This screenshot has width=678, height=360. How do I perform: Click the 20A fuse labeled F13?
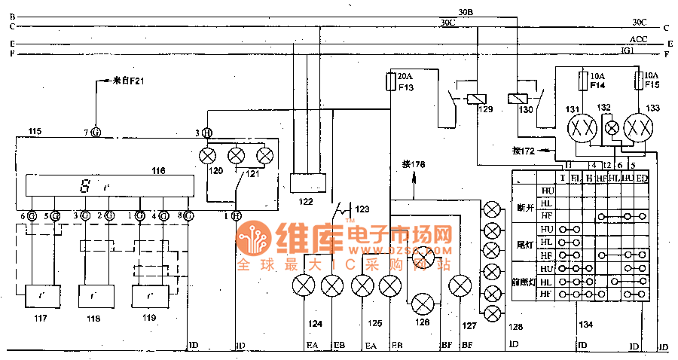389,81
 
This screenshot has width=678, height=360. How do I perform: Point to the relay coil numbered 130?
518,99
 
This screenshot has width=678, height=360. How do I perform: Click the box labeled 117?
42,296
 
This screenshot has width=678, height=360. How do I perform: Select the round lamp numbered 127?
460,286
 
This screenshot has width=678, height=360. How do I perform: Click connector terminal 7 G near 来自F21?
96,132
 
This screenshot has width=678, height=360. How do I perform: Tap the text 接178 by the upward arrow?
414,163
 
